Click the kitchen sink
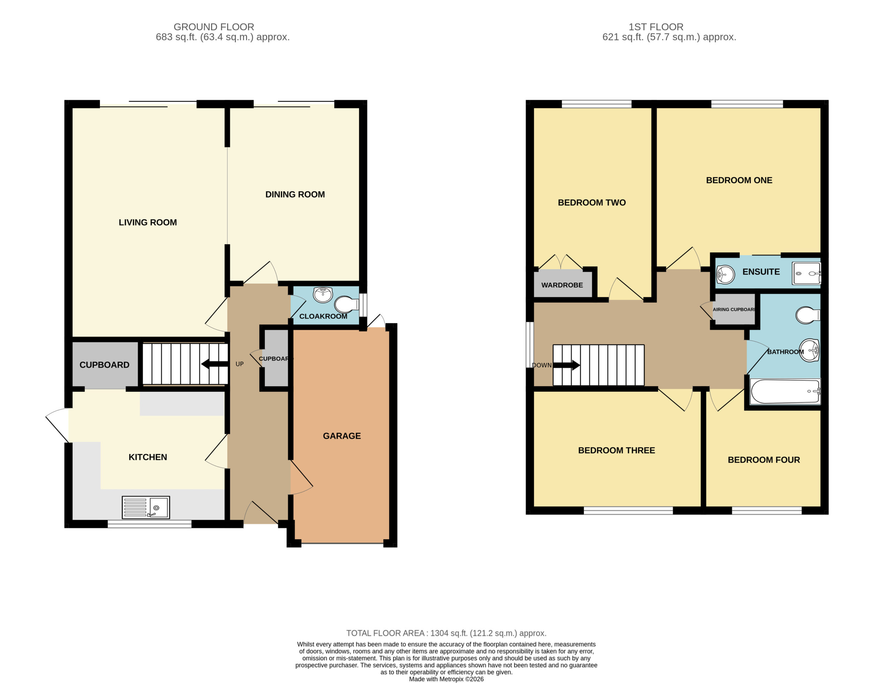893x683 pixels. click(145, 507)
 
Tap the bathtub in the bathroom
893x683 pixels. click(785, 392)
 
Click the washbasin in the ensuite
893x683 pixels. click(725, 274)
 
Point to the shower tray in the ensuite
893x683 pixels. click(806, 273)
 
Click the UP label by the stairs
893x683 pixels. click(240, 364)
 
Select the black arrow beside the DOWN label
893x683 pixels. click(566, 365)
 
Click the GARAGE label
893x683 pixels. click(342, 436)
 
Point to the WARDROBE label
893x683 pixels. click(562, 285)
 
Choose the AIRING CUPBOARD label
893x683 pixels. click(734, 309)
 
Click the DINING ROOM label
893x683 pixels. click(295, 194)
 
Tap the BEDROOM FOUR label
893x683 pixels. click(764, 460)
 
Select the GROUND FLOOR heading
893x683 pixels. click(214, 27)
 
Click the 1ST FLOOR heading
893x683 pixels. click(656, 27)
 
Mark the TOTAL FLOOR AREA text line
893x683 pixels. click(446, 633)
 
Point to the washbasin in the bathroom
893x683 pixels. click(809, 350)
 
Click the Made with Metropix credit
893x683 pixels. click(446, 679)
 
